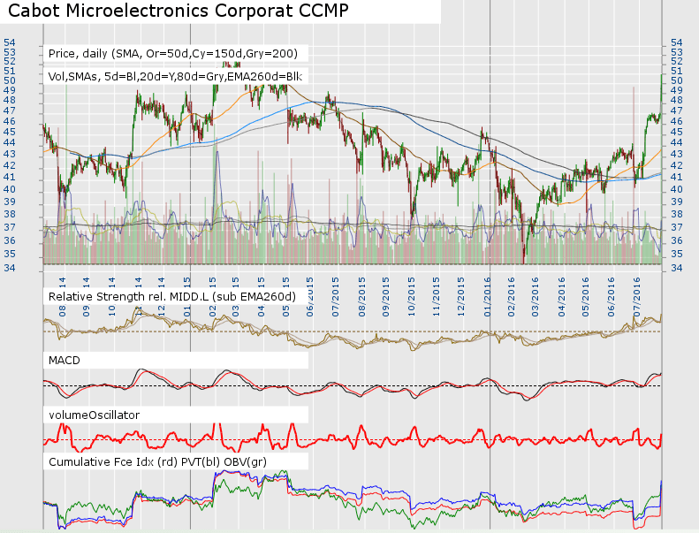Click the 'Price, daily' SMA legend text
[x=178, y=53]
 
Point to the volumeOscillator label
[x=95, y=414]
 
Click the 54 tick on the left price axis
[x=9, y=42]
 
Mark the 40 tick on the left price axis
[x=9, y=176]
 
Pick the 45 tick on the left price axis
[x=9, y=131]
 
